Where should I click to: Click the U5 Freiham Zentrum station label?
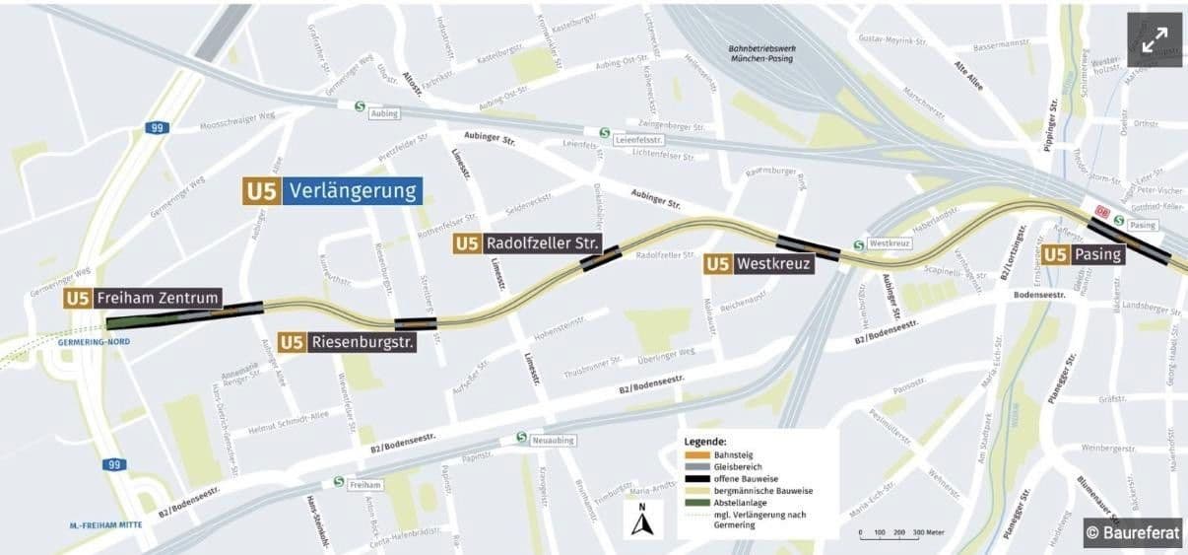point(143,298)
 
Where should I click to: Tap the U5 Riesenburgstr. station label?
point(348,342)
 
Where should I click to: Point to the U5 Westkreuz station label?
point(759,263)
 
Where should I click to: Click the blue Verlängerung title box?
point(354,190)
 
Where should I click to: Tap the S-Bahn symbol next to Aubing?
point(361,104)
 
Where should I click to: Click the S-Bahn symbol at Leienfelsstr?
point(603,132)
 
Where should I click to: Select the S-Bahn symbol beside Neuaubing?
point(521,438)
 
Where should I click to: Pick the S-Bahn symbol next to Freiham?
point(339,483)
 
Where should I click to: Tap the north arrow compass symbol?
point(642,520)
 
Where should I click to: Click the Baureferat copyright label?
point(1133,532)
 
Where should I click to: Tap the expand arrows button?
point(1154,40)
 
